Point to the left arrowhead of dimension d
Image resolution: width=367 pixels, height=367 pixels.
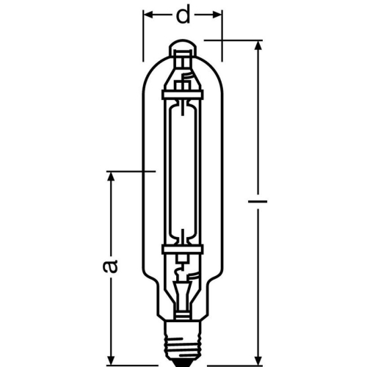coord(148,13)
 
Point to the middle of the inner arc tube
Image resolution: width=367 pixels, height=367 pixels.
coord(183,172)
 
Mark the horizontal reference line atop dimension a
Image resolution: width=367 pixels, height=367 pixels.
coord(132,172)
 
